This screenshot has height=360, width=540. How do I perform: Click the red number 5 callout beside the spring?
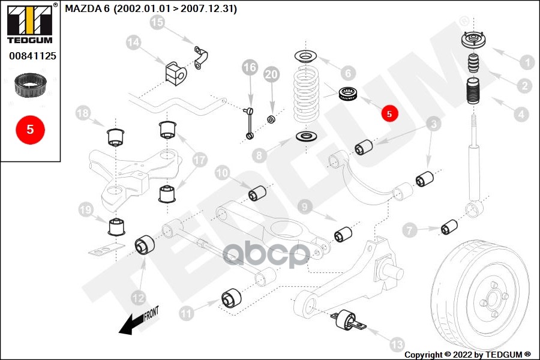tap(389, 112)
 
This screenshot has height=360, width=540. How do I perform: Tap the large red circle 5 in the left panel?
tap(30, 128)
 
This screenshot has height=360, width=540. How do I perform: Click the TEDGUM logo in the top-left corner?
tap(30, 24)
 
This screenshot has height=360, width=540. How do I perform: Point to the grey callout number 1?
tap(526, 61)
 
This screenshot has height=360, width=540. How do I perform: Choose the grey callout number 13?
tap(397, 344)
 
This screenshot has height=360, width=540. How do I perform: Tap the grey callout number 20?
tap(272, 74)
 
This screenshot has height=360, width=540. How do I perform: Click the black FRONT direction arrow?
tap(135, 323)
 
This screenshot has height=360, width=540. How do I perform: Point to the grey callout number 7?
tap(410, 229)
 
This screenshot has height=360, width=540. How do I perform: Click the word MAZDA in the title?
tap(79, 9)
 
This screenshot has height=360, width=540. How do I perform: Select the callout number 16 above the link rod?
tap(249, 67)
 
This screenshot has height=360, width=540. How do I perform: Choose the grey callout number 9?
tap(305, 208)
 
